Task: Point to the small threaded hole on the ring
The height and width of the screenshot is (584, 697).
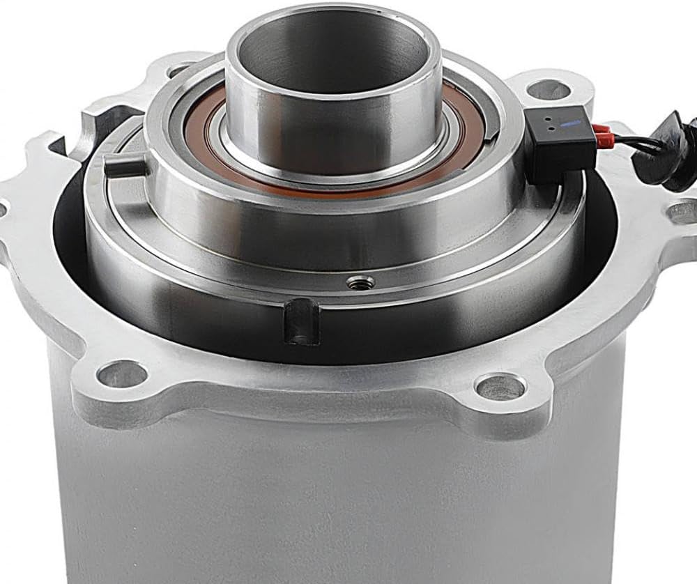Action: pyautogui.click(x=360, y=282)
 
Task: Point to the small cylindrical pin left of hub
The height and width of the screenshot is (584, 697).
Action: pyautogui.click(x=124, y=166)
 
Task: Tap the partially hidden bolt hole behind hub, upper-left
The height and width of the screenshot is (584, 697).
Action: pyautogui.click(x=179, y=70)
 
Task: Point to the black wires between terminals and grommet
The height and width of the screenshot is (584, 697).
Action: pyautogui.click(x=627, y=143)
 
